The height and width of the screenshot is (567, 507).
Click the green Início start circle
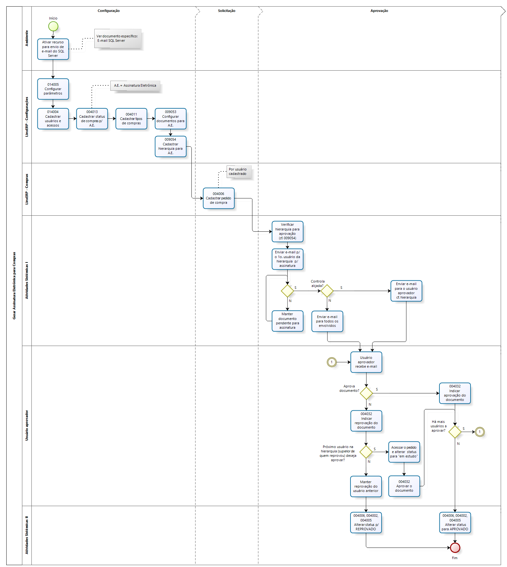click(53, 26)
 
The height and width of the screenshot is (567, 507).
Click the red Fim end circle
click(455, 548)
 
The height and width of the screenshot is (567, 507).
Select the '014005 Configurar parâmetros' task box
click(53, 89)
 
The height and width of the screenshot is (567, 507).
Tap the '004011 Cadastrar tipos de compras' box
click(131, 119)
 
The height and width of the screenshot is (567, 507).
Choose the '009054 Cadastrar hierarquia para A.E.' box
click(170, 146)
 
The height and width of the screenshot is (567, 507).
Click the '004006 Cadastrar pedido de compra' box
click(218, 198)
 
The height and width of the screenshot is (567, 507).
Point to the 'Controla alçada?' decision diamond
click(327, 291)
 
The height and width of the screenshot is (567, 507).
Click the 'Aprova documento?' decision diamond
click(366, 393)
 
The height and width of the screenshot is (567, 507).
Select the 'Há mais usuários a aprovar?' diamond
click(455, 432)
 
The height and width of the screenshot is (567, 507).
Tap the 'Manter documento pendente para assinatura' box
click(287, 321)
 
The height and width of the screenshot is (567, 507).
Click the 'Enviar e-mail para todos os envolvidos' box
click(327, 321)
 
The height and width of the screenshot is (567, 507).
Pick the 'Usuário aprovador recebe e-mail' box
click(366, 362)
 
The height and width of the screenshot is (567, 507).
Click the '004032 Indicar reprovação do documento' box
click(366, 421)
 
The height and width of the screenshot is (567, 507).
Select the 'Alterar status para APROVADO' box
click(455, 522)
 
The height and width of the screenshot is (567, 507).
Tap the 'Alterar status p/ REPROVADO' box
click(366, 522)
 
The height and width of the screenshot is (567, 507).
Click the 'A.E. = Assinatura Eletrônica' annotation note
click(135, 85)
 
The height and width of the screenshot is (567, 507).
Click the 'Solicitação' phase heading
click(227, 11)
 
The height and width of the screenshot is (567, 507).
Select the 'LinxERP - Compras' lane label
click(27, 189)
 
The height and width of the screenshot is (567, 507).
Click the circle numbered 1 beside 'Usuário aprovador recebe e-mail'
click(332, 362)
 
